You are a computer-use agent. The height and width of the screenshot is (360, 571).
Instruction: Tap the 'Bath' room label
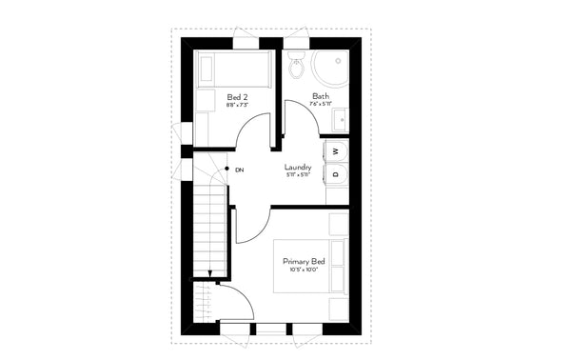point(321,96)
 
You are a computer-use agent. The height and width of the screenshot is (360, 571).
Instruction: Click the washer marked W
point(336,152)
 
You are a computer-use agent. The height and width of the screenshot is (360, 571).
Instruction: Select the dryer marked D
point(336,173)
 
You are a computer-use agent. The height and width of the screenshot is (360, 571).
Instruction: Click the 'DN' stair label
point(239,170)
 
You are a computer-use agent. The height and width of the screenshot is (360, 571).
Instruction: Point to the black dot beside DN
point(226,170)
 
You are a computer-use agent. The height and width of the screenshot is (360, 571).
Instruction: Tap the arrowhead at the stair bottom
point(208,281)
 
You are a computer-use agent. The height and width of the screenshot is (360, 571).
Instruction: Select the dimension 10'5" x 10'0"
point(304,270)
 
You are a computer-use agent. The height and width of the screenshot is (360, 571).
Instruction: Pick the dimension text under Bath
point(321,105)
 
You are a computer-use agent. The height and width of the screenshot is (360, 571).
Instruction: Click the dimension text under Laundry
point(298,175)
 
